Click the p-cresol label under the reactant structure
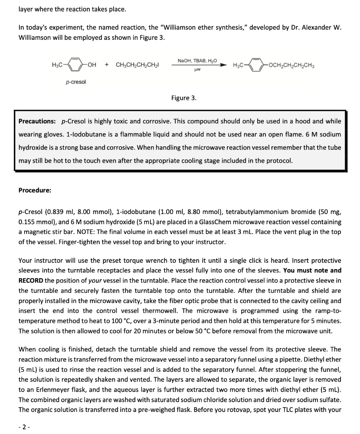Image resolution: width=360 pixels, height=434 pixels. (x=76, y=82)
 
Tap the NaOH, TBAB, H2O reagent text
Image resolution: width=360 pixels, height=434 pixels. (x=197, y=61)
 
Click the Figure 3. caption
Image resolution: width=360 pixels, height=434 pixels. (x=184, y=98)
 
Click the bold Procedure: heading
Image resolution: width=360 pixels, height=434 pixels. (x=35, y=190)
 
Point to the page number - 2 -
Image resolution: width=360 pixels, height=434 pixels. (x=24, y=427)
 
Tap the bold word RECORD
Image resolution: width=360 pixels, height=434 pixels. (x=31, y=280)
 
